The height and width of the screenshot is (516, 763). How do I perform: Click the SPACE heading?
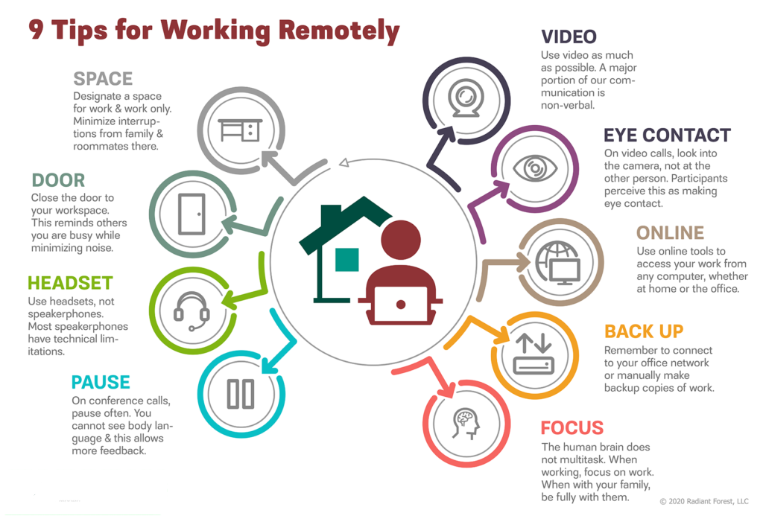click(103, 79)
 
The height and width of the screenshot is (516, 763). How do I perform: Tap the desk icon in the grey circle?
click(241, 130)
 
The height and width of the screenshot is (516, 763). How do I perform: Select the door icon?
click(191, 214)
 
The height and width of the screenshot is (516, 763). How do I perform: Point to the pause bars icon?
click(241, 393)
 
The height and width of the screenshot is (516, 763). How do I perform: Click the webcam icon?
click(466, 98)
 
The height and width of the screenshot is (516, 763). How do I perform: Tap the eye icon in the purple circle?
click(535, 169)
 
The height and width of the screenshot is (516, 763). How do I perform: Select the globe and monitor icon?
click(558, 263)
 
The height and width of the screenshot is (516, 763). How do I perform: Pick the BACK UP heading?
click(644, 331)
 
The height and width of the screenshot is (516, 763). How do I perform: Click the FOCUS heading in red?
click(572, 428)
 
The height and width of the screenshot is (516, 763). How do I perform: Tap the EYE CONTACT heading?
click(667, 136)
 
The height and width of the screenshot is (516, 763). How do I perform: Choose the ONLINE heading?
click(670, 233)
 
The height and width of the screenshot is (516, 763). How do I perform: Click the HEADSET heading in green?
click(70, 283)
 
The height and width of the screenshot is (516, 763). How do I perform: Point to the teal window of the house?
click(347, 259)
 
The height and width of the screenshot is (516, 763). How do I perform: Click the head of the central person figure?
click(400, 240)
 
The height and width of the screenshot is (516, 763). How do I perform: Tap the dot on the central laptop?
click(401, 305)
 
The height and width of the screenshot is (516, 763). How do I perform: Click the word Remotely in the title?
click(339, 30)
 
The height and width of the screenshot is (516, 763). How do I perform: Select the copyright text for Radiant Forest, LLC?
click(703, 501)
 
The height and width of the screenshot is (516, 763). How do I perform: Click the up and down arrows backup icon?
click(534, 354)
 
